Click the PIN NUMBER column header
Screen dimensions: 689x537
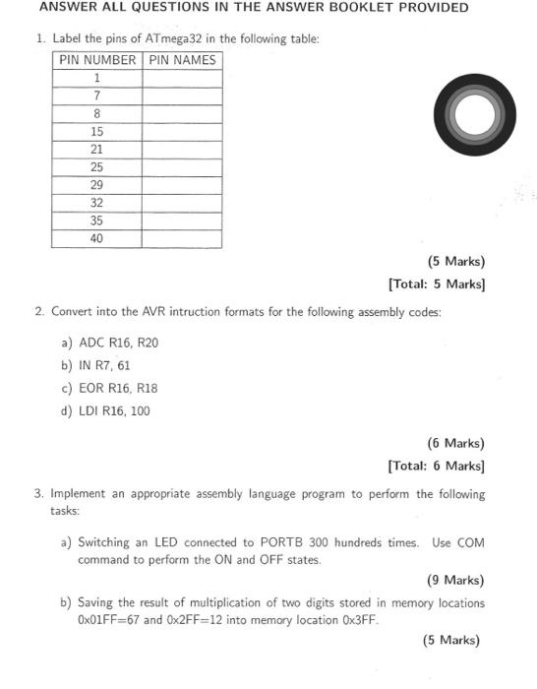pyautogui.click(x=97, y=59)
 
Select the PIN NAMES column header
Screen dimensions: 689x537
pyautogui.click(x=182, y=59)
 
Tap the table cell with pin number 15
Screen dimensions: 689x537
pyautogui.click(x=97, y=131)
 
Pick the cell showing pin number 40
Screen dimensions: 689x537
pyautogui.click(x=97, y=238)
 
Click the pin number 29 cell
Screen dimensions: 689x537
pyautogui.click(x=97, y=184)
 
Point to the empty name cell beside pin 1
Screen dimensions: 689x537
pyautogui.click(x=182, y=77)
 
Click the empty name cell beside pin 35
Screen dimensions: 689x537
pyautogui.click(x=182, y=220)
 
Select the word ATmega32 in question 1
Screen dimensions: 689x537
pyautogui.click(x=173, y=38)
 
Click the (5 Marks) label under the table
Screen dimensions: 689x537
pyautogui.click(x=455, y=262)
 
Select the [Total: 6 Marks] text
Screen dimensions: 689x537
pyautogui.click(x=437, y=466)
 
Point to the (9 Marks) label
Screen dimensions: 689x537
pyautogui.click(x=455, y=580)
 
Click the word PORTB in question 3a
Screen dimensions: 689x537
pyautogui.click(x=285, y=542)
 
